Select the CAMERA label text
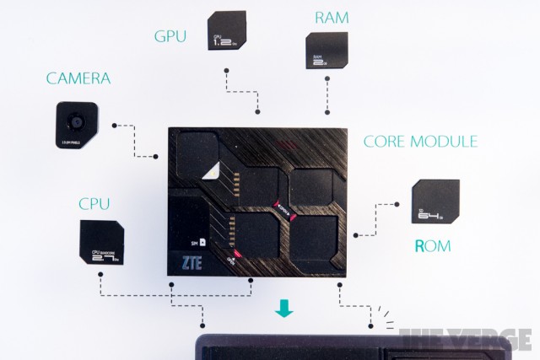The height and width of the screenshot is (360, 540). [x=78, y=81]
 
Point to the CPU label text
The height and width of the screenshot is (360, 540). [x=94, y=203]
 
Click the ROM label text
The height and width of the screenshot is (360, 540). [x=433, y=247]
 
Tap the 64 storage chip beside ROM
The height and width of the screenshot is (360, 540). [x=435, y=203]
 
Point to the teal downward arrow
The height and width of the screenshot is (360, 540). [x=283, y=311]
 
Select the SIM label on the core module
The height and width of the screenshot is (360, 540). [x=198, y=242]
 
